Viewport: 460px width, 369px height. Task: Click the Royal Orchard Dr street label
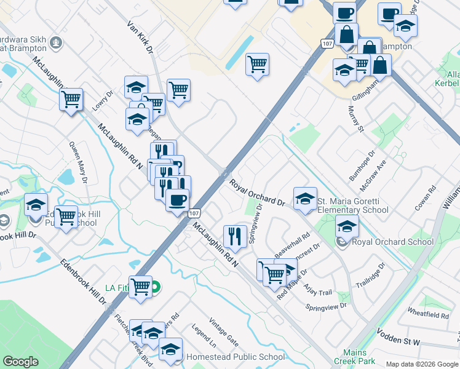click(x=258, y=193)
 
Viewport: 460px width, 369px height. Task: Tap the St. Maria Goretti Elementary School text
click(x=352, y=205)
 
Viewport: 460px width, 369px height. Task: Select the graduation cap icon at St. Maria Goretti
click(x=305, y=198)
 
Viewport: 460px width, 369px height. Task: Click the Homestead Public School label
click(x=236, y=357)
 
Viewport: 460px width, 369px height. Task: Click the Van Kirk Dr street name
click(x=140, y=38)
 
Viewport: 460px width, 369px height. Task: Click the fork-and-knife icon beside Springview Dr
click(x=235, y=235)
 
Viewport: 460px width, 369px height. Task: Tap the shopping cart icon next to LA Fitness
click(x=141, y=287)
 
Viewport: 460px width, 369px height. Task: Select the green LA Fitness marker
click(x=156, y=287)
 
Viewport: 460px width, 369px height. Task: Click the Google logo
click(x=21, y=362)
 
